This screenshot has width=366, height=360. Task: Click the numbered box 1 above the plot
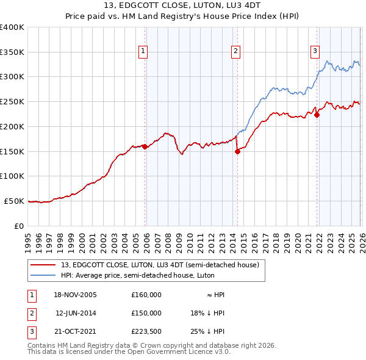point(142,52)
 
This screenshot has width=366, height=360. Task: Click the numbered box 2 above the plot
point(235,52)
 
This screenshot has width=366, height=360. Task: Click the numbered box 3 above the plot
point(315,52)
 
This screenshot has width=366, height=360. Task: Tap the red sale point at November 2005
point(145,146)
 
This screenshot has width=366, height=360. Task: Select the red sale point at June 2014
point(237,152)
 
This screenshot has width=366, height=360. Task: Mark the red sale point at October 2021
point(317,115)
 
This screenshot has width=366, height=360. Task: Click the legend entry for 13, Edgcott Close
point(160,265)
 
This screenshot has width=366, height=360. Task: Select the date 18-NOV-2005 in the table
point(76,295)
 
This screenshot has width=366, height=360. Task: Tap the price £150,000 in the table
point(146,313)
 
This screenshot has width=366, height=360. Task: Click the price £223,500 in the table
point(146,331)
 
